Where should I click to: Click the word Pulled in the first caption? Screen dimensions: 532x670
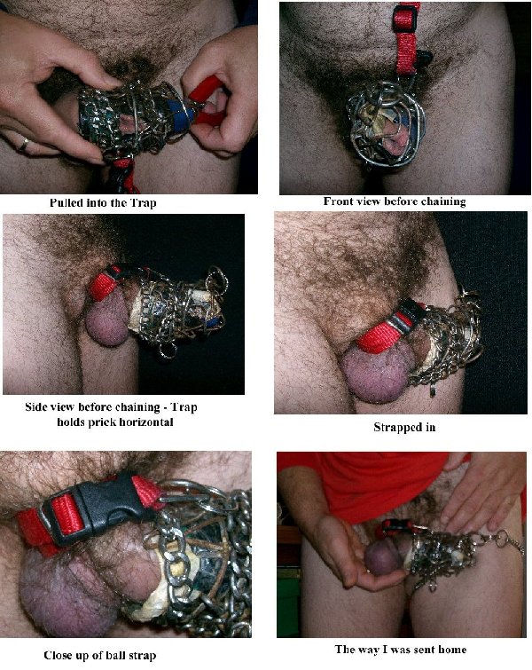(x=66, y=202)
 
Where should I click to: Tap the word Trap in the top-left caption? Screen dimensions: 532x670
(x=145, y=203)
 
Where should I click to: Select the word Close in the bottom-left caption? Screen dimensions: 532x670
(x=58, y=655)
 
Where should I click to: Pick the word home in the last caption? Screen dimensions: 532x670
(x=450, y=650)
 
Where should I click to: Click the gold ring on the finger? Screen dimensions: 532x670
(x=24, y=145)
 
